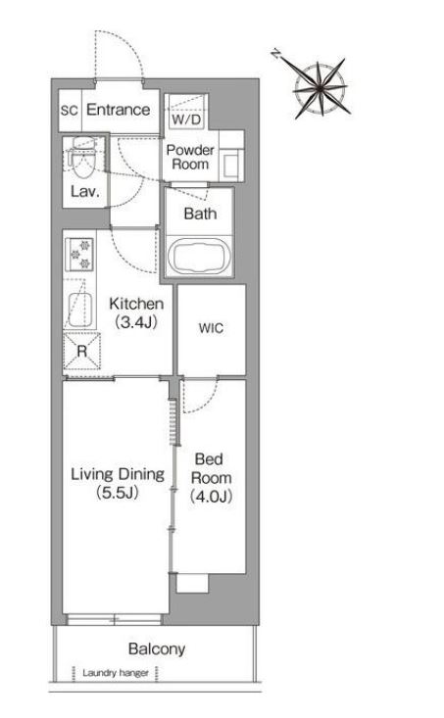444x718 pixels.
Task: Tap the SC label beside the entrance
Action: (x=70, y=111)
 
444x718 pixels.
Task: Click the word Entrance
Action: (x=119, y=110)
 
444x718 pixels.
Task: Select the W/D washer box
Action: (x=186, y=112)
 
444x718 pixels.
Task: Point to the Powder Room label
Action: (x=190, y=157)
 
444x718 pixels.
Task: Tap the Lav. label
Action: (x=85, y=191)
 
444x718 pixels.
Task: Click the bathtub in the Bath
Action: (x=199, y=256)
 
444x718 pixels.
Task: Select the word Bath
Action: (x=200, y=214)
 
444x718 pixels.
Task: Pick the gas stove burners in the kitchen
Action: (x=79, y=254)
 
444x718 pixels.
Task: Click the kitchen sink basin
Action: (x=80, y=310)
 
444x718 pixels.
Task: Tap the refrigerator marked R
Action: (x=82, y=352)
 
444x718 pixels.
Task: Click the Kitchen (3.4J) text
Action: (x=136, y=312)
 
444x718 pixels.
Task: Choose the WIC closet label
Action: (x=212, y=328)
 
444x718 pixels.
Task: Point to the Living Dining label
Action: (x=118, y=474)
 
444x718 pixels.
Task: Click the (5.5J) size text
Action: (x=118, y=493)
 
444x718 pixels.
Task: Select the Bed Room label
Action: (x=212, y=468)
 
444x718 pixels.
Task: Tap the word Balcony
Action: (x=157, y=648)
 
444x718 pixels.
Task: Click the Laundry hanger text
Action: (x=116, y=673)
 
